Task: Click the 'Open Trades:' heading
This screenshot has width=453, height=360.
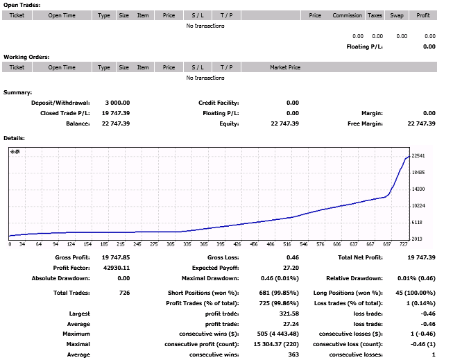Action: tap(22, 5)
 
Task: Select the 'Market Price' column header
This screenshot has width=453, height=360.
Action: tap(285, 67)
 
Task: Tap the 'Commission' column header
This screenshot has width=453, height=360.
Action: tap(347, 15)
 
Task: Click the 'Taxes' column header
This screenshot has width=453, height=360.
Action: tap(375, 15)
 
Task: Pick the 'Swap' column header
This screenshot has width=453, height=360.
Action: tap(397, 15)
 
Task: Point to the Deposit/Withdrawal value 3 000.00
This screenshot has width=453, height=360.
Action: tap(117, 103)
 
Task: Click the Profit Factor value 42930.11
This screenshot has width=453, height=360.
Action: tap(117, 268)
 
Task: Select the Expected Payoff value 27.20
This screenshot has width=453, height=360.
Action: tap(291, 268)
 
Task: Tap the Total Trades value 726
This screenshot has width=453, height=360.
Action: tap(124, 293)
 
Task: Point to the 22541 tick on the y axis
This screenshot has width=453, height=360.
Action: tap(418, 156)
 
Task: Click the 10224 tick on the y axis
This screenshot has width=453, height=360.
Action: tap(418, 206)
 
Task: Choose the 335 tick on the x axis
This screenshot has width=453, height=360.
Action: tap(187, 244)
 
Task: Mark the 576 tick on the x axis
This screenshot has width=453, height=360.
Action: tap(320, 244)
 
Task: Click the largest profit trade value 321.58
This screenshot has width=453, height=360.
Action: tap(289, 314)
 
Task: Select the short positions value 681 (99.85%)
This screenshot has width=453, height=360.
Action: tap(279, 293)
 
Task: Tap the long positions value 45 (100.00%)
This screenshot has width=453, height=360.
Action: tap(416, 293)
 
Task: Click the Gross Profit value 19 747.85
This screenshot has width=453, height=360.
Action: tap(116, 257)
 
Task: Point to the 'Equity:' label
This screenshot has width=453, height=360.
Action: tap(229, 123)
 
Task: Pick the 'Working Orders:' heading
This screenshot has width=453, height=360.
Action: tap(26, 57)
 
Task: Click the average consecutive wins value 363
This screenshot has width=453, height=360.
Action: tap(293, 354)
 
